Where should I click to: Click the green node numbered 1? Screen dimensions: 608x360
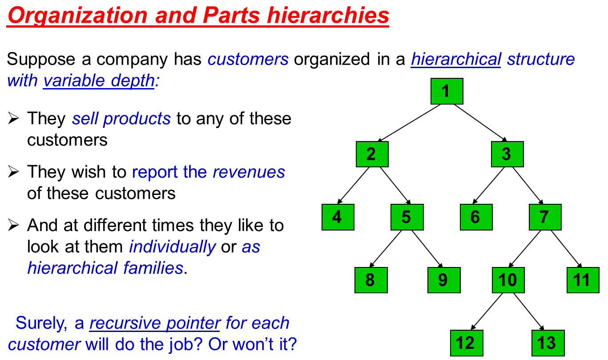[447, 91]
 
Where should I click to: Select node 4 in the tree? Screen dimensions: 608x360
[338, 217]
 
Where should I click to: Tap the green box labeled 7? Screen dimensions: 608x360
[545, 217]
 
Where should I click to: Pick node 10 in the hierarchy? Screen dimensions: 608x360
[508, 280]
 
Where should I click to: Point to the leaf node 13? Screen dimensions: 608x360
[548, 343]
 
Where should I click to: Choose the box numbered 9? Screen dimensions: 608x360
[444, 280]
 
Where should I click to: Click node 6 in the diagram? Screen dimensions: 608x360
[476, 217]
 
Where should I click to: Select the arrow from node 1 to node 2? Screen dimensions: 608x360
[409, 123]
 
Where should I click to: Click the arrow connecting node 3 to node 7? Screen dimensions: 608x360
[527, 186]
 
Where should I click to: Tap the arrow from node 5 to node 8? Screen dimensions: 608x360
[386, 249]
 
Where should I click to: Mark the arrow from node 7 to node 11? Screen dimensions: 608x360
[566, 249]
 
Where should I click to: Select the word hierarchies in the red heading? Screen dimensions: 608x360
[328, 15]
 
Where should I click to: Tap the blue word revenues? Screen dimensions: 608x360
[249, 172]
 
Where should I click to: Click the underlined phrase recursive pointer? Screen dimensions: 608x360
[155, 323]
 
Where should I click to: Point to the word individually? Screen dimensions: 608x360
[173, 247]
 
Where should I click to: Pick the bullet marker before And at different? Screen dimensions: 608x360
[13, 225]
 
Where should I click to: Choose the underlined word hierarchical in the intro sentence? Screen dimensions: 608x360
[456, 59]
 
